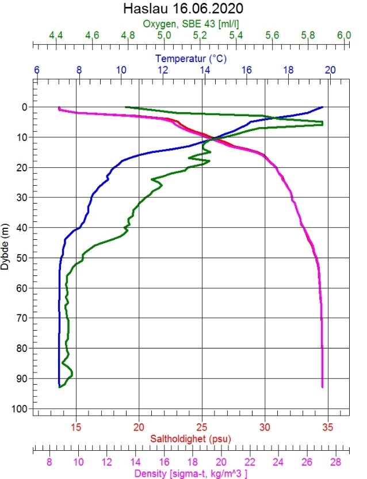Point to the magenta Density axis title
tap(190, 473)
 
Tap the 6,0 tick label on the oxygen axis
tap(344, 36)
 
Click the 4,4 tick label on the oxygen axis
tap(56, 36)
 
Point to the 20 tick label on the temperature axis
tap(330, 70)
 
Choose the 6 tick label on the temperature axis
tap(37, 70)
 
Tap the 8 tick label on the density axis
tap(49, 461)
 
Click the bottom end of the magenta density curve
tap(322, 387)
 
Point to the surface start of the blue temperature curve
tap(323, 107)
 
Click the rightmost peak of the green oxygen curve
tap(322, 123)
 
